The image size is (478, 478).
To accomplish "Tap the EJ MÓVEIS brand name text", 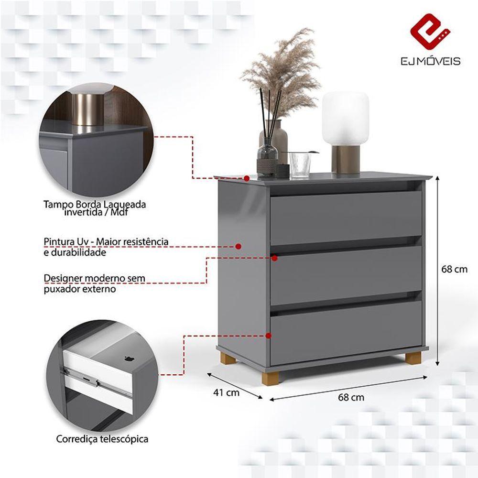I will click(x=430, y=61).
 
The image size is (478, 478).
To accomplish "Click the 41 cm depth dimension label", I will click(x=226, y=393).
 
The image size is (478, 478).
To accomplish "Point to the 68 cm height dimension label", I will click(x=454, y=269).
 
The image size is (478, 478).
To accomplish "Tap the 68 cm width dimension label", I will click(x=351, y=397).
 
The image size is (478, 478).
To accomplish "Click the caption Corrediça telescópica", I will click(x=102, y=439).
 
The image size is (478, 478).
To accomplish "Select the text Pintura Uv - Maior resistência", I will click(x=106, y=242).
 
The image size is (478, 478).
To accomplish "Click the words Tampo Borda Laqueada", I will click(x=95, y=205).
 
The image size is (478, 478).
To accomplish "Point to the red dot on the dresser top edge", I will click(x=246, y=178).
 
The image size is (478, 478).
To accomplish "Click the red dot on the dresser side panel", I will click(x=239, y=246).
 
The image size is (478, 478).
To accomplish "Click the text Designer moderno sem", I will click(x=94, y=278).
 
